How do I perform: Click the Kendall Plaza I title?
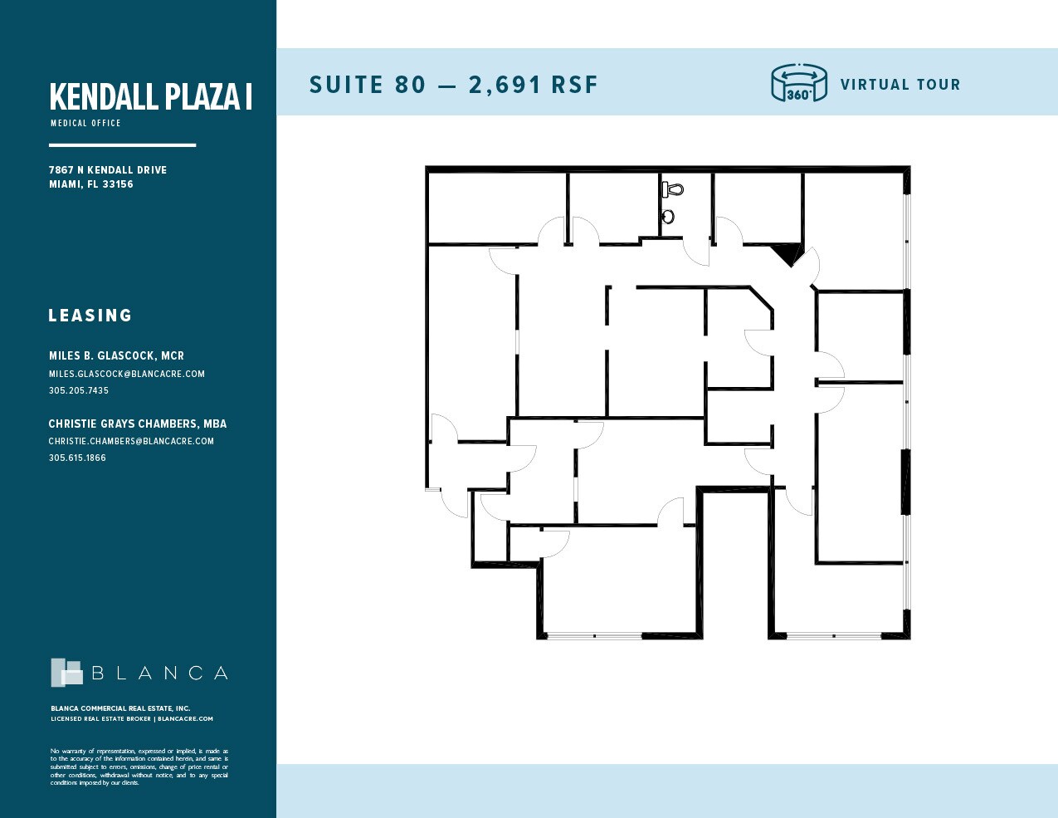pyautogui.click(x=150, y=97)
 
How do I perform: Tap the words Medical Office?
pyautogui.click(x=85, y=123)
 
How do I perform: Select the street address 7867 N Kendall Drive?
pyautogui.click(x=108, y=170)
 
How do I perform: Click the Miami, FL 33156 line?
pyautogui.click(x=90, y=184)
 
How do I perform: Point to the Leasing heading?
pyautogui.click(x=90, y=316)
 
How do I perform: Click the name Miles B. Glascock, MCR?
pyautogui.click(x=116, y=355)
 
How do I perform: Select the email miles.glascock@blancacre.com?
pyautogui.click(x=126, y=374)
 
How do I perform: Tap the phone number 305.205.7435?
pyautogui.click(x=78, y=390)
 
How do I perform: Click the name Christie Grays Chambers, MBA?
pyautogui.click(x=137, y=424)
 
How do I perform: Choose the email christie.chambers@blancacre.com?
pyautogui.click(x=131, y=441)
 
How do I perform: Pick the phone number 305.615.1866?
pyautogui.click(x=77, y=458)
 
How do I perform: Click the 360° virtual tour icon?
pyautogui.click(x=798, y=83)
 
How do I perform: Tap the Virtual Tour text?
pyautogui.click(x=900, y=85)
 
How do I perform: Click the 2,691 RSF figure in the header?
pyautogui.click(x=533, y=85)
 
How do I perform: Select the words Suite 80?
pyautogui.click(x=367, y=85)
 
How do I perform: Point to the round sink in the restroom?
pyautogui.click(x=668, y=218)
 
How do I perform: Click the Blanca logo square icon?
pyautogui.click(x=66, y=673)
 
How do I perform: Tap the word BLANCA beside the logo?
pyautogui.click(x=159, y=674)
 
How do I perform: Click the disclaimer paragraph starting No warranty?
pyautogui.click(x=139, y=767)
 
